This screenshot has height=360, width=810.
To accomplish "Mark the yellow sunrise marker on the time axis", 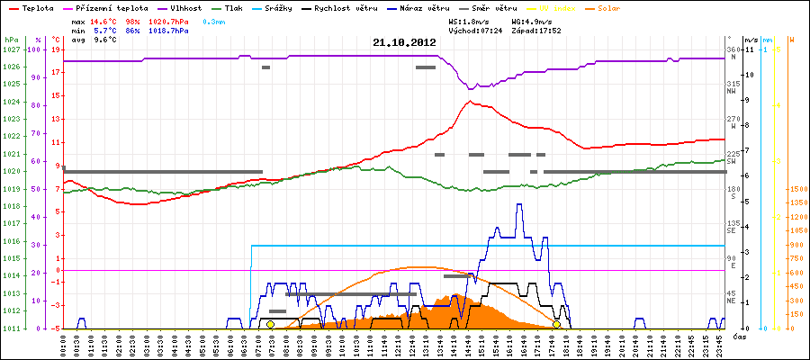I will click(x=270, y=324).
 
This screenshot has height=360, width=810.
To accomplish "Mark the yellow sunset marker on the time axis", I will click(x=556, y=324).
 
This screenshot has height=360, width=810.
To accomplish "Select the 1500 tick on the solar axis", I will click(x=797, y=190).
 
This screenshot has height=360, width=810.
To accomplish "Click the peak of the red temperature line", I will click(x=470, y=102).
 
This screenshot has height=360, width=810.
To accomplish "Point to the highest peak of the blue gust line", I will click(x=518, y=204).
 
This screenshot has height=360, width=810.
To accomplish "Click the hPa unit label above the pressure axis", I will click(x=11, y=40).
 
